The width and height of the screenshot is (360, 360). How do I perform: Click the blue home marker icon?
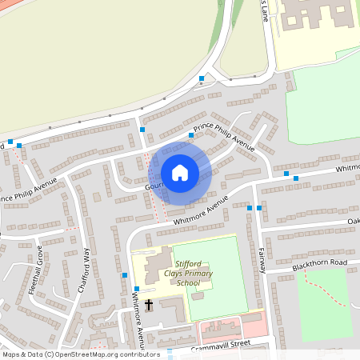click(180, 172)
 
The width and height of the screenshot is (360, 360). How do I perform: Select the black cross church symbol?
click(150, 304)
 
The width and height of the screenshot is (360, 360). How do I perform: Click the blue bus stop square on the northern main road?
click(202, 78)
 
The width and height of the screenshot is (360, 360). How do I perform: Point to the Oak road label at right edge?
click(353, 222)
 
